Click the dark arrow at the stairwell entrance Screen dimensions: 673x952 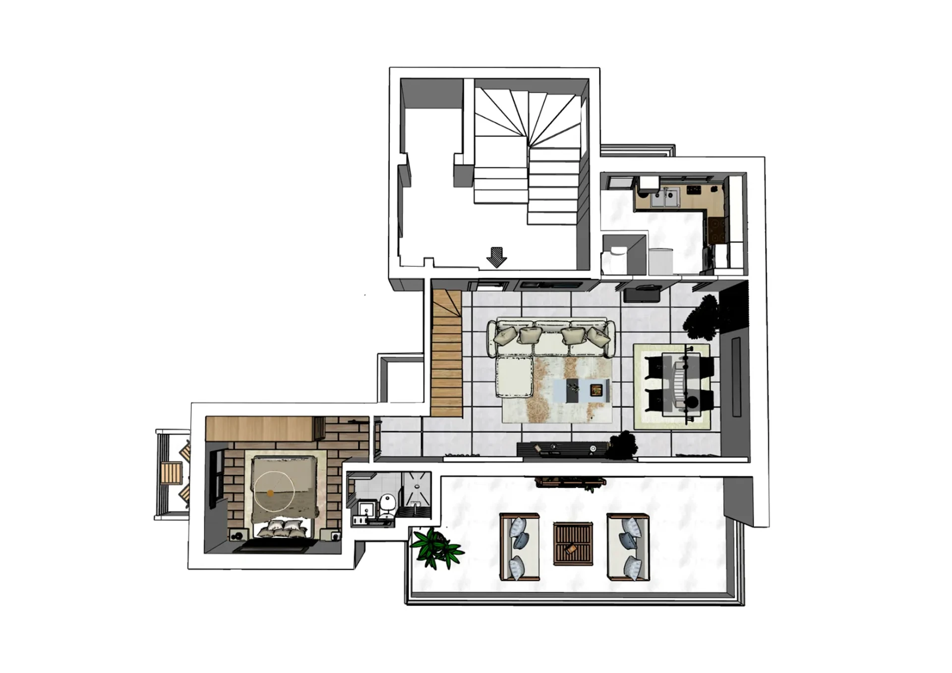(496, 257)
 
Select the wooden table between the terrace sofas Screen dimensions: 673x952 (573, 544)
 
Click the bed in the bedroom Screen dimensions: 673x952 (284, 496)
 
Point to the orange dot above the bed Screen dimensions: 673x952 (270, 493)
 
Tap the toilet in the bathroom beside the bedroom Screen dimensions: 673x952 (388, 502)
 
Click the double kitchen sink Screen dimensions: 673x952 (665, 198)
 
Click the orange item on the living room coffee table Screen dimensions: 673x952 (596, 390)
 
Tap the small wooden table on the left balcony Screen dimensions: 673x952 (171, 473)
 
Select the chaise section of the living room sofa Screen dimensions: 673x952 (514, 375)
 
